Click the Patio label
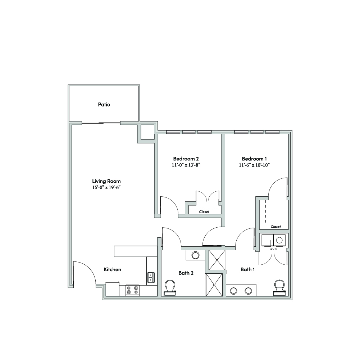[104, 105]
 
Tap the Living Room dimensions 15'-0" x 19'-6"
[106, 187]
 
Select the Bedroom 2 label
[186, 159]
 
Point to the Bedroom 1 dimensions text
[254, 165]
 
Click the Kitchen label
[113, 269]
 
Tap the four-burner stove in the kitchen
[133, 290]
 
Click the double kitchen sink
[151, 277]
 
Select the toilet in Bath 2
[170, 288]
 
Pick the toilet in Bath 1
[280, 288]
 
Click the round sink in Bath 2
[195, 255]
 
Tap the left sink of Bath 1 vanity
[234, 291]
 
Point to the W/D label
[273, 249]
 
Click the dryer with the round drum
[279, 240]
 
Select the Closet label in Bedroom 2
[204, 212]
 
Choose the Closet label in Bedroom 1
[276, 227]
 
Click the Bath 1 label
[247, 269]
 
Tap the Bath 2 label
[186, 273]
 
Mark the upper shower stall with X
[217, 260]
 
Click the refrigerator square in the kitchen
[113, 289]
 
